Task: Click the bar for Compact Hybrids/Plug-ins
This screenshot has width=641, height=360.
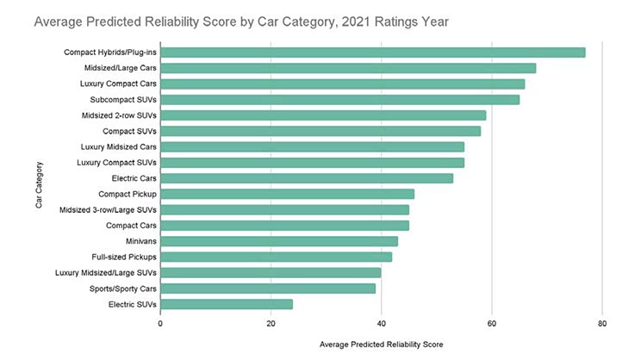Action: [372, 53]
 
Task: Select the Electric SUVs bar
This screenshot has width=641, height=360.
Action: [227, 304]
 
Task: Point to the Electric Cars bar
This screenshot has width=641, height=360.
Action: [307, 178]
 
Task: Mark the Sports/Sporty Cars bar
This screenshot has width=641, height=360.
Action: [268, 289]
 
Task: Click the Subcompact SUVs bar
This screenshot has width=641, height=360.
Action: [339, 100]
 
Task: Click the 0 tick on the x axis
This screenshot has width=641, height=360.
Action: [160, 323]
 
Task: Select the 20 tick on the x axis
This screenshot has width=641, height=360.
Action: [271, 323]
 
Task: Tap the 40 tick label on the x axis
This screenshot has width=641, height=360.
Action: [381, 323]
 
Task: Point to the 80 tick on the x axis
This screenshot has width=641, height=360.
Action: [602, 323]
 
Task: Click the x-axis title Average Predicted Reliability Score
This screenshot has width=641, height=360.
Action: [381, 344]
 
